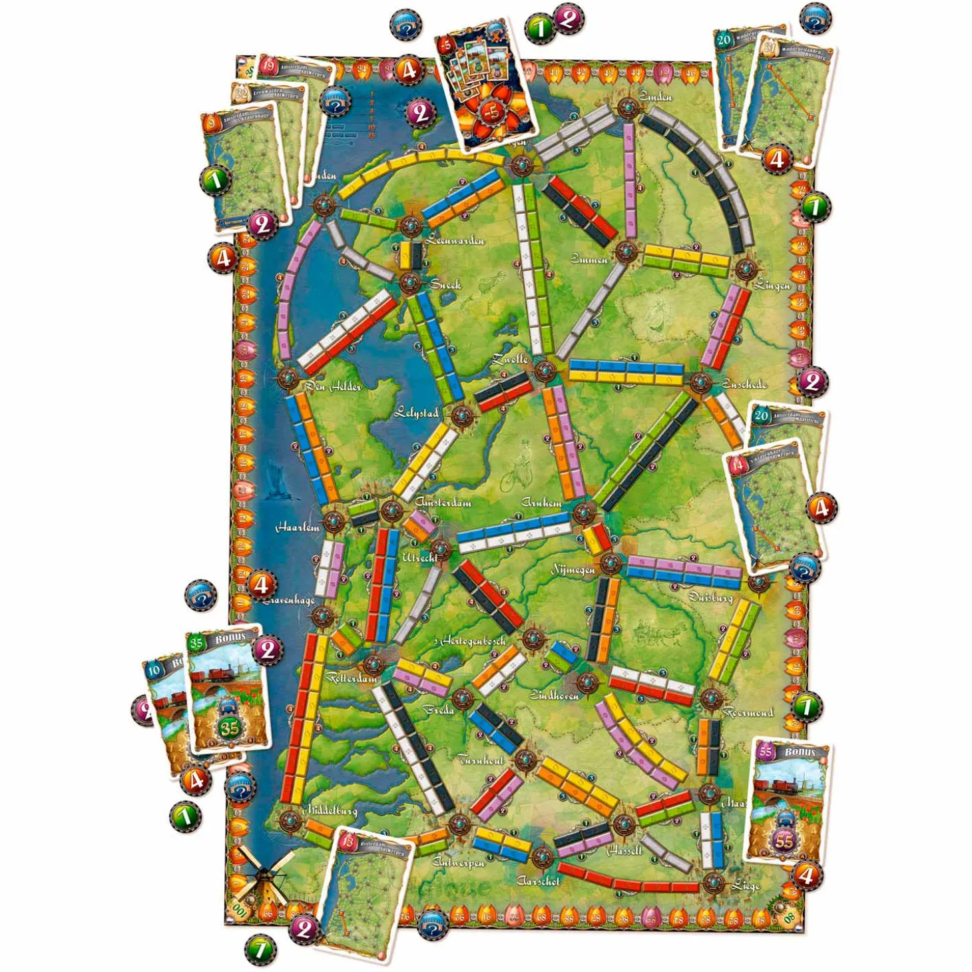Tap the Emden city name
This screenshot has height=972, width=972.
pyautogui.click(x=655, y=97)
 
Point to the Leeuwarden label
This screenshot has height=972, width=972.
pyautogui.click(x=455, y=240)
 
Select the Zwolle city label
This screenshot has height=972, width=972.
pyautogui.click(x=510, y=359)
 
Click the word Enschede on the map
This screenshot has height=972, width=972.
pyautogui.click(x=744, y=384)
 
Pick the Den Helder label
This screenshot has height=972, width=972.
pyautogui.click(x=334, y=386)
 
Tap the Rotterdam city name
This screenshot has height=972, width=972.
pyautogui.click(x=352, y=678)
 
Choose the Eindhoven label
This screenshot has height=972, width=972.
pyautogui.click(x=554, y=695)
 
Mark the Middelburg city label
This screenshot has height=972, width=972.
pyautogui.click(x=331, y=810)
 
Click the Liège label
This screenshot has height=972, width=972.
pyautogui.click(x=745, y=885)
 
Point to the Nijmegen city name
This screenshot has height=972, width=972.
pyautogui.click(x=573, y=570)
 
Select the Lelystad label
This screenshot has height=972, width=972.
pyautogui.click(x=416, y=413)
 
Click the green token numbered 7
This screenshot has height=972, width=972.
pyautogui.click(x=260, y=949)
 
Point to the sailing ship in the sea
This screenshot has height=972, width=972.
pyautogui.click(x=274, y=479)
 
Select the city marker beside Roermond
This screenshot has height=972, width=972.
pyautogui.click(x=711, y=698)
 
